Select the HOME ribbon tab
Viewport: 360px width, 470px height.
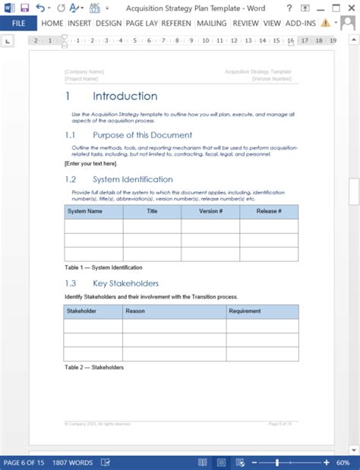coord(52,23)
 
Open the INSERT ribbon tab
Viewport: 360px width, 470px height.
coord(79,23)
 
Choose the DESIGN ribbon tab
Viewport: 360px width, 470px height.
coord(109,23)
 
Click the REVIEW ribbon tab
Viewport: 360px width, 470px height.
coord(245,23)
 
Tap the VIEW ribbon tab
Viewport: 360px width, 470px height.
coord(272,23)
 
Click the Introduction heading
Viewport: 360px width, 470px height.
coord(125,96)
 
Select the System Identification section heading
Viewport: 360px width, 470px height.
coord(132,180)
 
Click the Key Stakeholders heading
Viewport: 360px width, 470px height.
coord(125,283)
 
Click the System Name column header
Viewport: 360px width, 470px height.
coord(85,212)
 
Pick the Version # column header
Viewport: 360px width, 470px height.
coord(210,212)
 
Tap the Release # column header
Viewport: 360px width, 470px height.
coord(269,212)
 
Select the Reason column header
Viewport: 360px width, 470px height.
coord(136,311)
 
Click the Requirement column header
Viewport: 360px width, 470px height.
coord(245,311)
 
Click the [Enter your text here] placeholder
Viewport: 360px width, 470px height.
coord(90,163)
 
